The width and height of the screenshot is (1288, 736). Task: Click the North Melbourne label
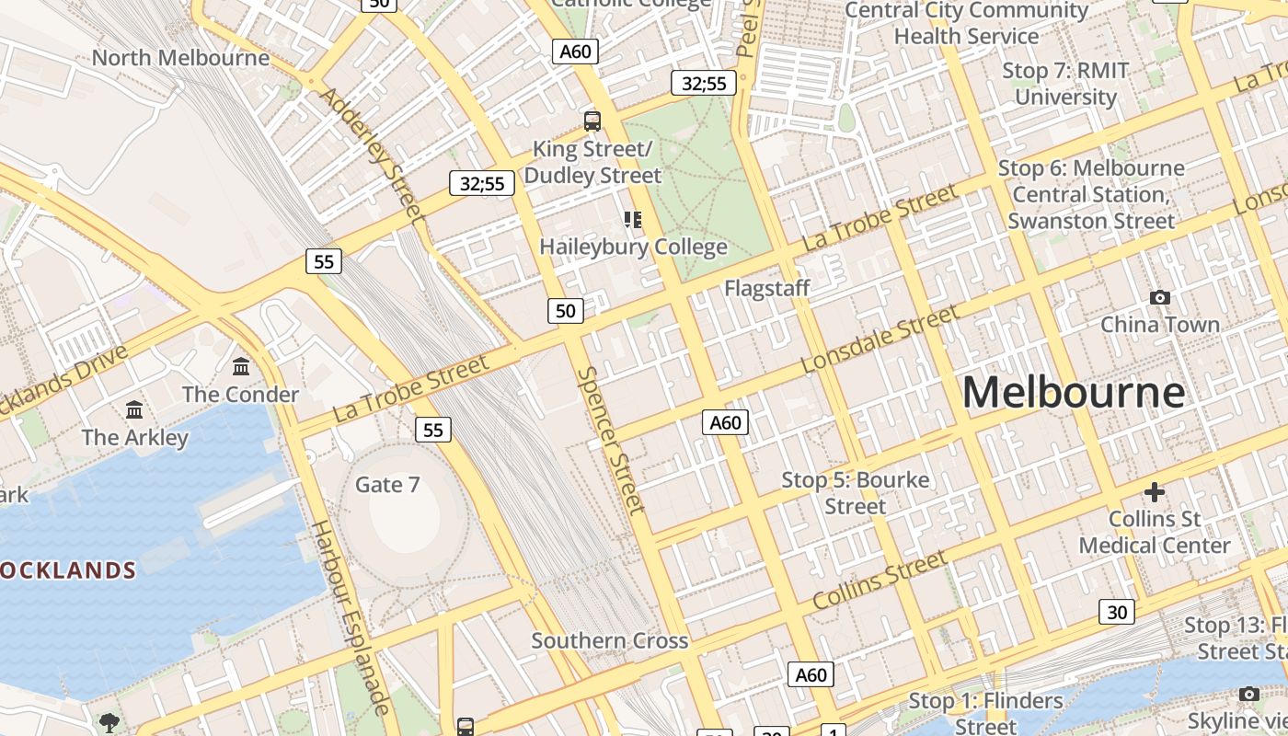180,58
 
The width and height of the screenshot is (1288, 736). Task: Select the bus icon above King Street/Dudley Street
592,121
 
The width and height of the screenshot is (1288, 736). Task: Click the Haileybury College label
633,247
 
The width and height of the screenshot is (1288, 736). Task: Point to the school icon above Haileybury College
633,219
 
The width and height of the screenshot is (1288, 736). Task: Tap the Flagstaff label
767,288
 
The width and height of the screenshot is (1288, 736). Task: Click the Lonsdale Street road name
880,339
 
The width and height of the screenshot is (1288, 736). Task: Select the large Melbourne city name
1074,393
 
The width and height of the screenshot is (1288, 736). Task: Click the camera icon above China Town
1160,297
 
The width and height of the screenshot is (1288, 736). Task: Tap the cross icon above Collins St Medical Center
1155,492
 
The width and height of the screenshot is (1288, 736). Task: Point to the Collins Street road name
880,581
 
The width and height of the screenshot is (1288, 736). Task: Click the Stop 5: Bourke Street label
856,493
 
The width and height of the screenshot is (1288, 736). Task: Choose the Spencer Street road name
610,440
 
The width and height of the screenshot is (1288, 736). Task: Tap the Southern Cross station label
610,641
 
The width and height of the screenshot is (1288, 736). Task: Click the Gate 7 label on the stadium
387,485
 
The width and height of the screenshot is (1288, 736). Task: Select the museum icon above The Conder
241,367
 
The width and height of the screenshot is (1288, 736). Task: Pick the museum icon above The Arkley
134,409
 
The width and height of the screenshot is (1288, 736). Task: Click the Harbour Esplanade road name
351,616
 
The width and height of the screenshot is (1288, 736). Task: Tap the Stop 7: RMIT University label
1065,84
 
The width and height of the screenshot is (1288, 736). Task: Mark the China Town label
1160,325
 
